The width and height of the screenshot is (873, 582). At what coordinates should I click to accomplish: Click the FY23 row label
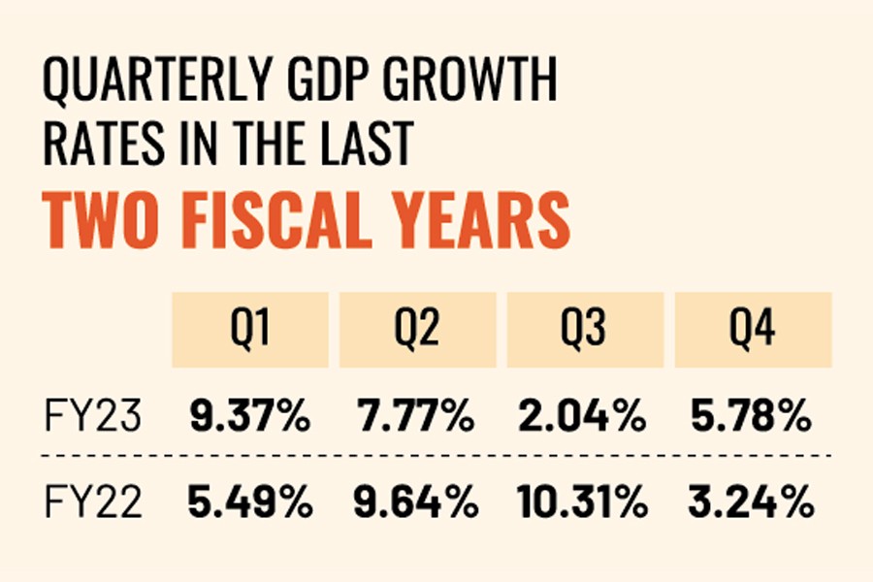tap(92, 418)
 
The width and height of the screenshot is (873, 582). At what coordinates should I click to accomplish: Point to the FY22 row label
tap(92, 503)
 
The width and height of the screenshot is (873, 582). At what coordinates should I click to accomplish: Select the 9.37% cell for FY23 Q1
tap(249, 418)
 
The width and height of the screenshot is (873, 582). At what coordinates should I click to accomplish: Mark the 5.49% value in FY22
tap(249, 503)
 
